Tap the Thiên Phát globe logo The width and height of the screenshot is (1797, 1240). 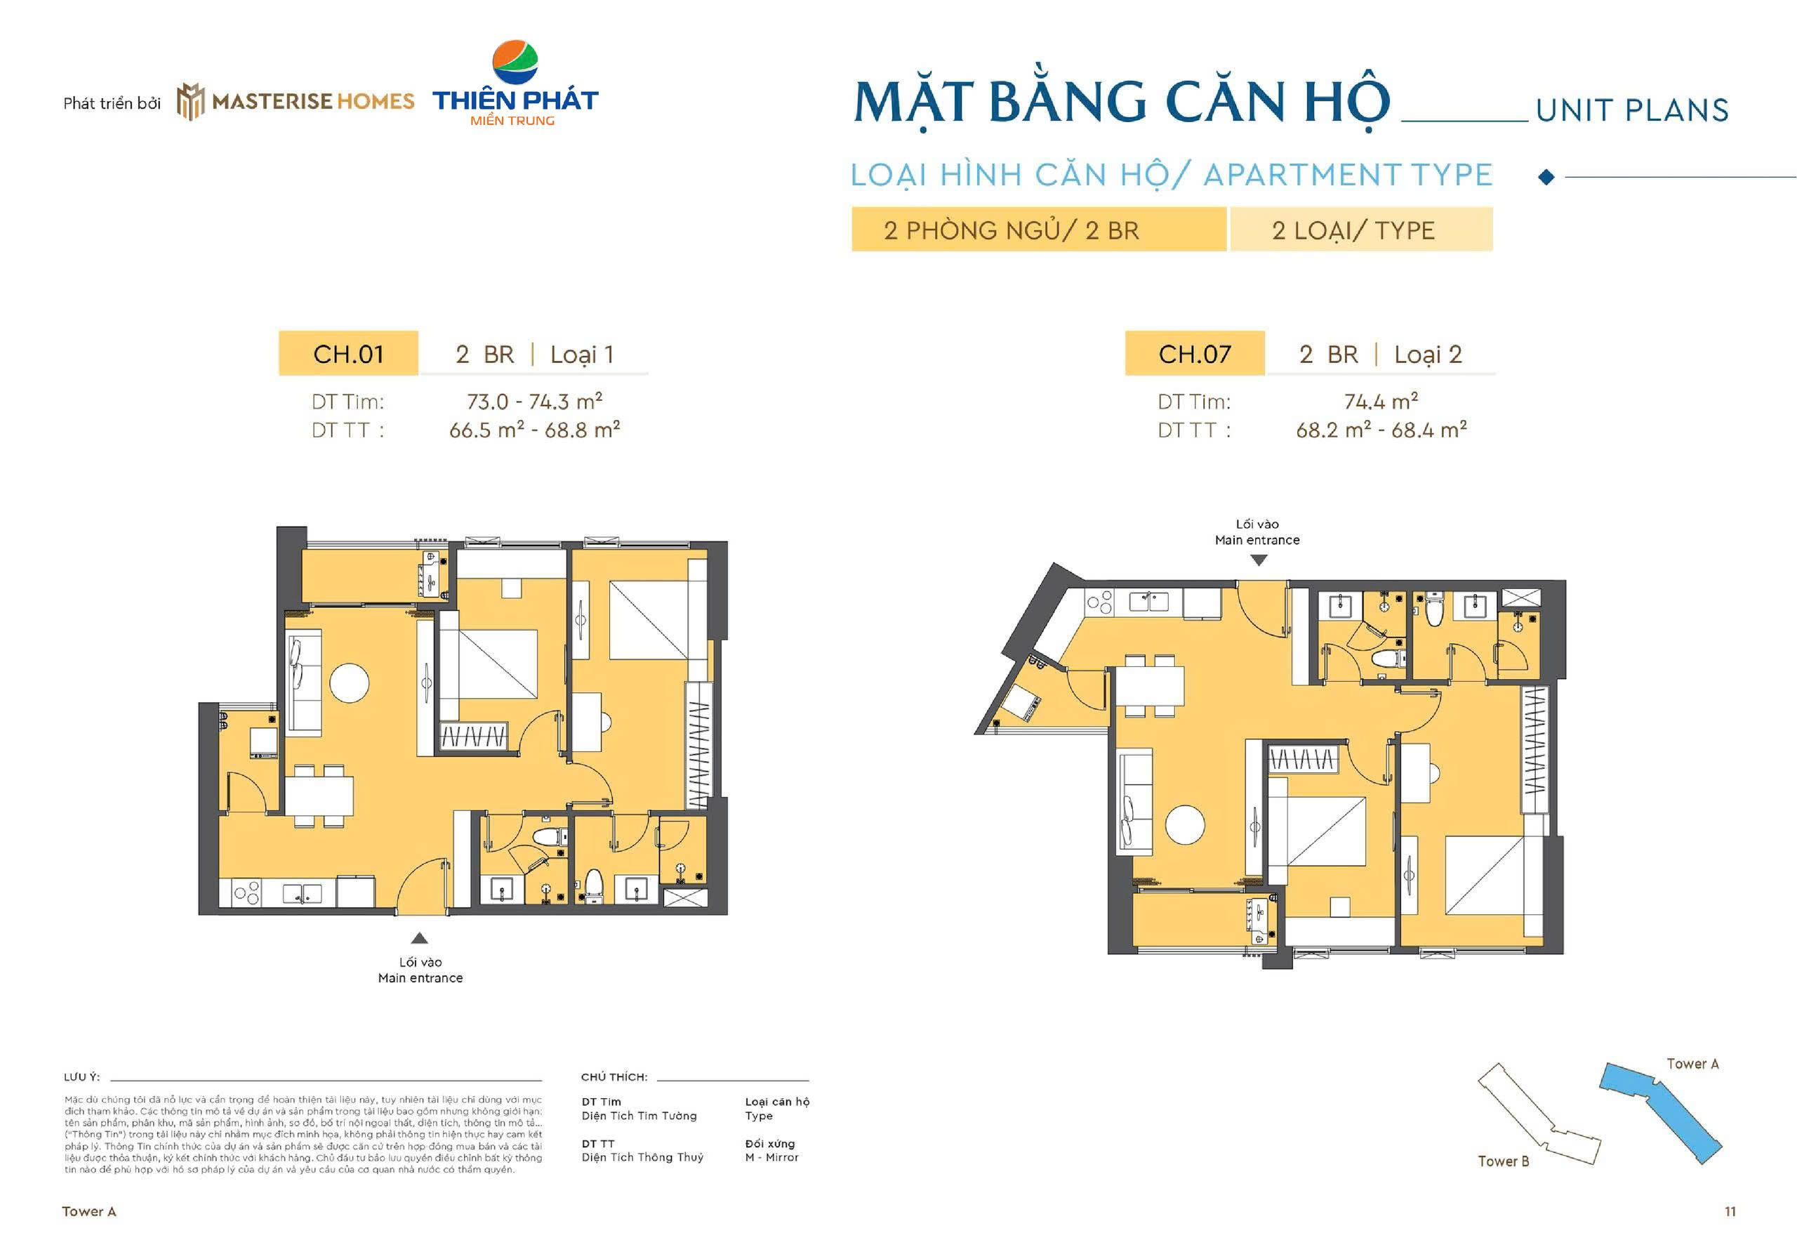click(x=515, y=62)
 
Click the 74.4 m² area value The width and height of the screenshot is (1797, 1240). click(x=1381, y=401)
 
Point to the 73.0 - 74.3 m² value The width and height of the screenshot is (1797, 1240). click(x=534, y=401)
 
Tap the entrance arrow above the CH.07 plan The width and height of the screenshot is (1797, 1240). click(x=1258, y=560)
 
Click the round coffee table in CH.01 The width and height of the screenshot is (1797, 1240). click(x=350, y=683)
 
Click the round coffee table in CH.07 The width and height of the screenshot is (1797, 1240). click(x=1185, y=824)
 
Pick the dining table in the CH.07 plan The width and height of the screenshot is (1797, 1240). click(x=1150, y=685)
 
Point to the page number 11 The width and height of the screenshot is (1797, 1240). click(x=1730, y=1211)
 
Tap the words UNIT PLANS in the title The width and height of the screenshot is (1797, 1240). click(x=1632, y=110)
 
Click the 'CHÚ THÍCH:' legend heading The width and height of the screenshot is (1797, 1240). click(x=614, y=1077)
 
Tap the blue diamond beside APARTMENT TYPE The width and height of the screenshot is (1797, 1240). click(x=1546, y=177)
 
